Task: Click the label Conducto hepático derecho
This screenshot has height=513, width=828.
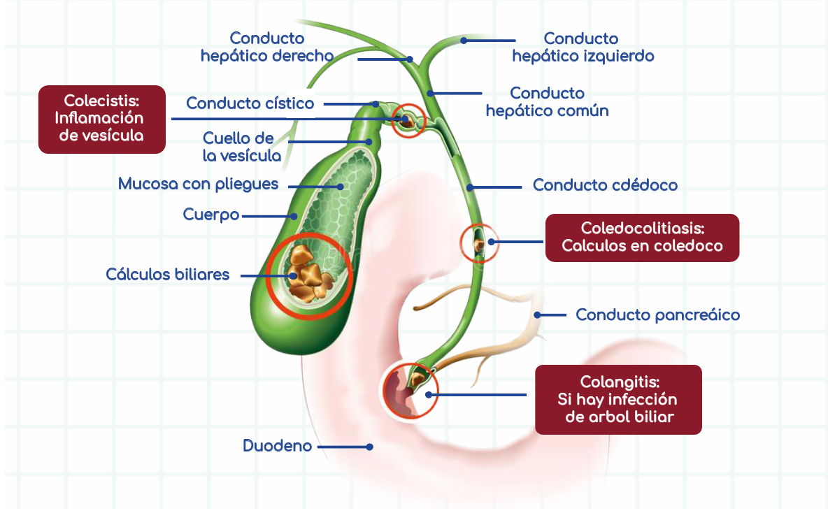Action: point(266,46)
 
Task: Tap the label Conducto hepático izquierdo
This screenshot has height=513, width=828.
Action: point(583,46)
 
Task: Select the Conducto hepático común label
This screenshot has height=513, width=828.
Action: point(547,101)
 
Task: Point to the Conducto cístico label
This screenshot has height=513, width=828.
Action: point(250,103)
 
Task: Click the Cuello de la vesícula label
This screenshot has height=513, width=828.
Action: point(242,146)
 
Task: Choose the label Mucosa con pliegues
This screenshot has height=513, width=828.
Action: point(198,184)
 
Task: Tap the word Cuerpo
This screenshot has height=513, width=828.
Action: point(210,215)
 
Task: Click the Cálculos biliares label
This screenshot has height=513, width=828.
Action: point(167,274)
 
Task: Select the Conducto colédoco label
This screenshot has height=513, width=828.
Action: point(605,185)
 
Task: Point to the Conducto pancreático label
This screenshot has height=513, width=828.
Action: point(657,315)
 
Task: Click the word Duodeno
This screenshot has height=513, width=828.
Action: point(277,445)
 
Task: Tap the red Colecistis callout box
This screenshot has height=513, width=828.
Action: point(101,118)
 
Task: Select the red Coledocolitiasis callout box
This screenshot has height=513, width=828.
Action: point(642,238)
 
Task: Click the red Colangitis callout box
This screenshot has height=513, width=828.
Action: point(618,399)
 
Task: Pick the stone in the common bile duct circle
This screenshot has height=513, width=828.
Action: point(480,245)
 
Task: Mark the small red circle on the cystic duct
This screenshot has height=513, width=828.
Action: point(407,121)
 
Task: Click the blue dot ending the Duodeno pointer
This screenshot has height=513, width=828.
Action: point(371,446)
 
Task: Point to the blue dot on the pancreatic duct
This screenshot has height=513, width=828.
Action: point(538,315)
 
